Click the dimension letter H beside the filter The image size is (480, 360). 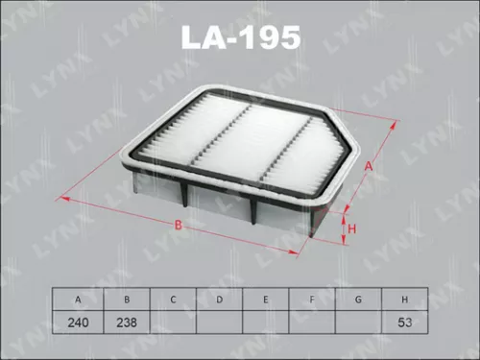coord(351,228)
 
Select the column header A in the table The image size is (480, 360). coord(80,300)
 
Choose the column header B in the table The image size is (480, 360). coord(127,300)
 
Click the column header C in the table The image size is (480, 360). coord(173,300)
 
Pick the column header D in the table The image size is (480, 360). coord(220,300)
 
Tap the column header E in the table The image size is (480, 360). coord(266,300)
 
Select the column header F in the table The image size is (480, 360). coord(312,300)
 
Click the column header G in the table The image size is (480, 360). coord(358,300)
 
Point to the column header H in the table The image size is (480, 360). coord(404,300)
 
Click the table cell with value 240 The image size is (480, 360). coord(80,323)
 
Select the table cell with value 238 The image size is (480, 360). coord(127,323)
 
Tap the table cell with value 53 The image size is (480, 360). coord(404,323)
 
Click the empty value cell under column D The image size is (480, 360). coord(220,323)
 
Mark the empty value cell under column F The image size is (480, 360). coord(312,323)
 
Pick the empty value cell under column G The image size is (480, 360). coord(358,323)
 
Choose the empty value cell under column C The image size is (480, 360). coord(173,323)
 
